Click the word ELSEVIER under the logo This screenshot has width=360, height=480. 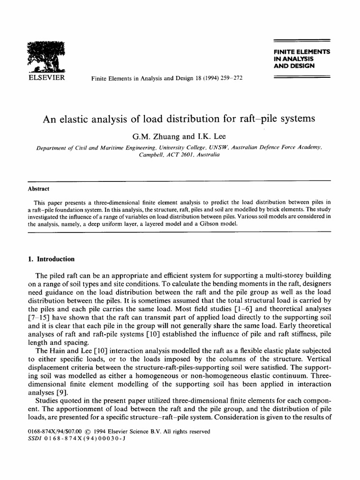click(46, 77)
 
